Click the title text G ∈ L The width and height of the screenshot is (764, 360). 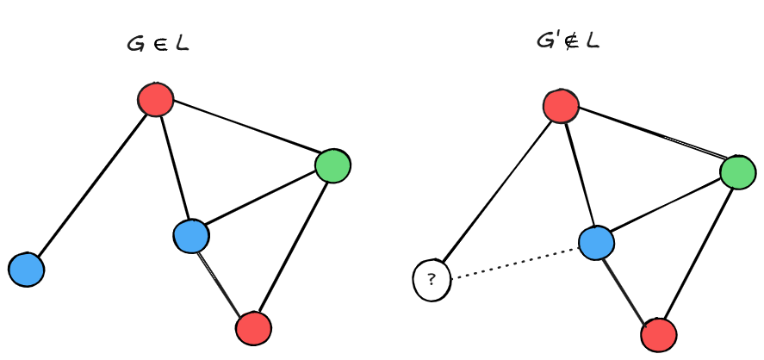(x=158, y=44)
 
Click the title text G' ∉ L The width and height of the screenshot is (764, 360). (x=567, y=40)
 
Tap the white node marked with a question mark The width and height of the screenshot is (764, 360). (x=432, y=279)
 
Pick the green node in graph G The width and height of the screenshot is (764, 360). (x=332, y=165)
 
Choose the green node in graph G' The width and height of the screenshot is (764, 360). (x=738, y=172)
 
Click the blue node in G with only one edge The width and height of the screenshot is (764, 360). (x=27, y=270)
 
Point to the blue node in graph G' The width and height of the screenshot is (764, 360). (x=596, y=243)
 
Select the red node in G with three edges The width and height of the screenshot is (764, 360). (x=156, y=100)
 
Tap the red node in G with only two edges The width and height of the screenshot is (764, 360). (x=253, y=328)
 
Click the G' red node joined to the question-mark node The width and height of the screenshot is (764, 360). (x=561, y=106)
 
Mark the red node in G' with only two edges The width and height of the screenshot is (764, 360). (x=659, y=335)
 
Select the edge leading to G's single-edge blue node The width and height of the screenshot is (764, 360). (x=91, y=184)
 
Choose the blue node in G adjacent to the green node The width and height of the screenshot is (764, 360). (x=191, y=236)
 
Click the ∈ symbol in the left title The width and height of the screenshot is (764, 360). (x=158, y=45)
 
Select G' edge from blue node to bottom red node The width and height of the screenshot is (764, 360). (x=627, y=289)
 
